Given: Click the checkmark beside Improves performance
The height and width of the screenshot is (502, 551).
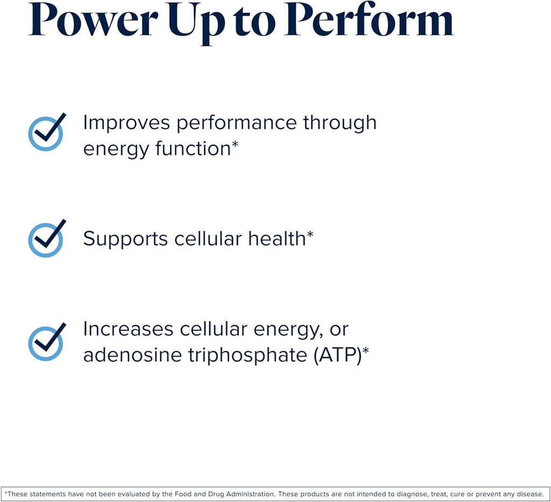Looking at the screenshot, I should pos(46,132).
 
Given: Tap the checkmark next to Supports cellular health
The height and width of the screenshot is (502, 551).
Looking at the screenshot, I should pos(46,238).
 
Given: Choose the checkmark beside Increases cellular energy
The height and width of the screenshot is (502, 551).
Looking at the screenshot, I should pos(46,342).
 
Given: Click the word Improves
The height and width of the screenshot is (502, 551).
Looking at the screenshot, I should pos(126,123).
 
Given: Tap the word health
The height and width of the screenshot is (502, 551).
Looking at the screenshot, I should pos(277,238).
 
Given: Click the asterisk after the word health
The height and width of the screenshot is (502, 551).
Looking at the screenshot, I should pos(310,235).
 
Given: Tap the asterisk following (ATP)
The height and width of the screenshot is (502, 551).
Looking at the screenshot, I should pos(365,351).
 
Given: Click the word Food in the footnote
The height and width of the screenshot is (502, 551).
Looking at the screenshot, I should pos(174,493).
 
